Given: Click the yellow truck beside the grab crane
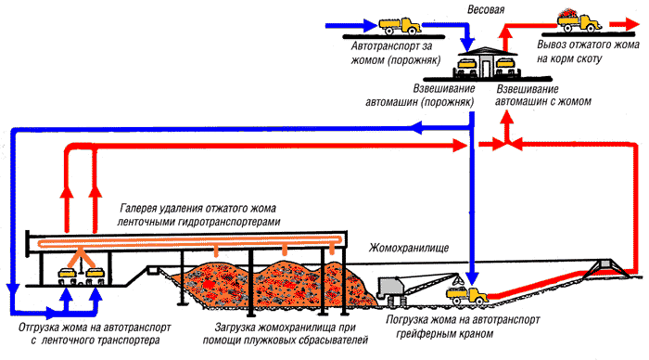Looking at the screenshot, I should point(466,295).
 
